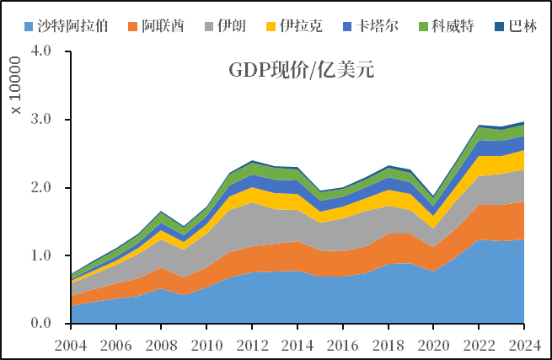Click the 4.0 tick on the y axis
tap(40, 51)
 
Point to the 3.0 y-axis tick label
tap(40, 120)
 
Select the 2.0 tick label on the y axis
tap(40, 188)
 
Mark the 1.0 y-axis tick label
tap(40, 256)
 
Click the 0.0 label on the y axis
tap(40, 324)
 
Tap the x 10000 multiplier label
tap(15, 87)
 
